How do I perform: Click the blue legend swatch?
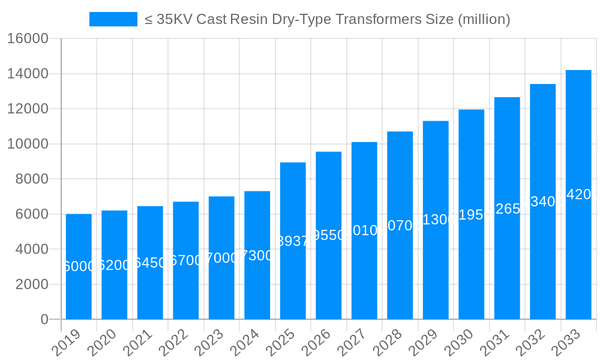click(113, 19)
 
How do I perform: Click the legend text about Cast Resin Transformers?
click(327, 19)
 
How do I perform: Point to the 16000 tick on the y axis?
click(28, 39)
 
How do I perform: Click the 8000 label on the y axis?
click(32, 179)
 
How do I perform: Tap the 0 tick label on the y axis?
click(44, 320)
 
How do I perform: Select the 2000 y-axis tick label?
click(32, 284)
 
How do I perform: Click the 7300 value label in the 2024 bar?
click(257, 256)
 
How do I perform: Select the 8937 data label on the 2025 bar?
click(293, 241)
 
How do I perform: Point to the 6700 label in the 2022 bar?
click(186, 261)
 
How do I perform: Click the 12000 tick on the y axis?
click(28, 109)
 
